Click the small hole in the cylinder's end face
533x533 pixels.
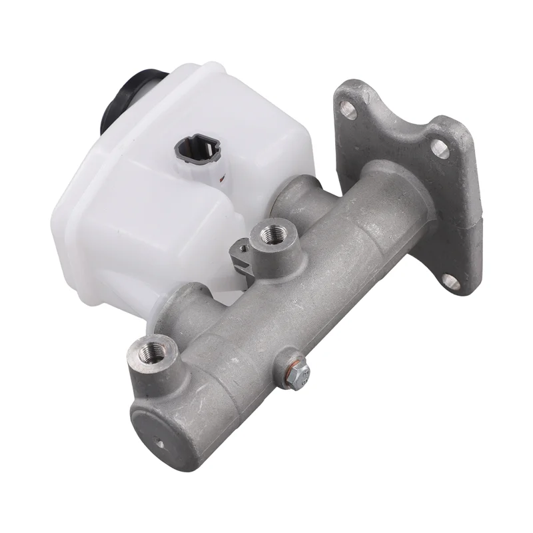[x=158, y=441]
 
